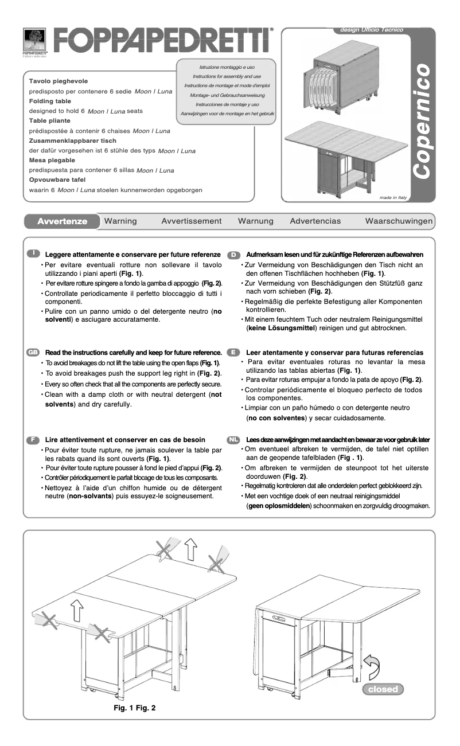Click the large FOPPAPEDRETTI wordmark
(x=162, y=41)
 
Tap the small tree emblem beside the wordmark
(x=34, y=40)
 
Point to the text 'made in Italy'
(x=393, y=197)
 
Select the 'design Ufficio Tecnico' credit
(x=372, y=30)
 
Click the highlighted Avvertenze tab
(x=62, y=221)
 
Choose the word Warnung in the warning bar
(x=256, y=221)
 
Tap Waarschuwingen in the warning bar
(x=399, y=221)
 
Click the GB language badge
(x=33, y=352)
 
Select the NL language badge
(x=233, y=439)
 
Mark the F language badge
(x=33, y=439)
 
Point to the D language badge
(x=233, y=254)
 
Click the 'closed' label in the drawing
(x=383, y=689)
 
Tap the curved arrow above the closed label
(x=372, y=667)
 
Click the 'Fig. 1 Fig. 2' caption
(x=135, y=708)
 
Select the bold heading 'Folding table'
(x=50, y=101)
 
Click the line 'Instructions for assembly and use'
(x=227, y=76)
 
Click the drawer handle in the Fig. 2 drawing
(x=279, y=618)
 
